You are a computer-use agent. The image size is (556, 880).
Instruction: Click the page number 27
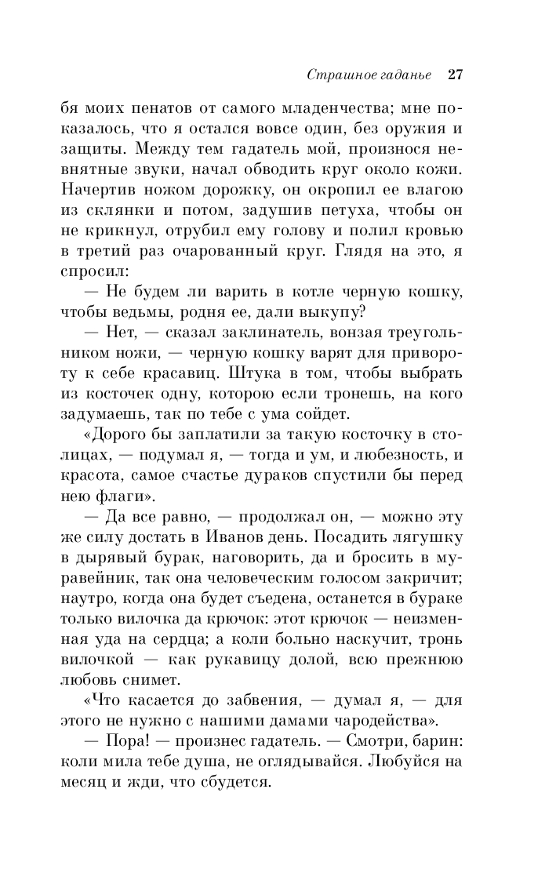click(x=456, y=76)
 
